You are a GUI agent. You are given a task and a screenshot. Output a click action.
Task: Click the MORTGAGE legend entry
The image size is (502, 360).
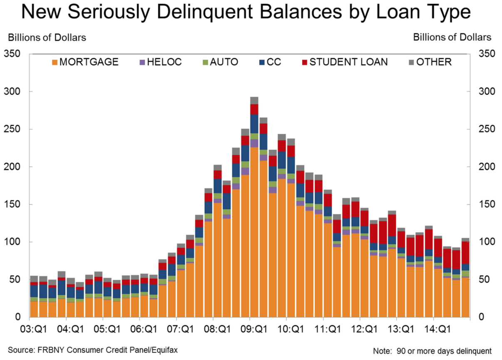[x=85, y=62]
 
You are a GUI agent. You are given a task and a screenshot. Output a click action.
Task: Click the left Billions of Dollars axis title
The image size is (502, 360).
[x=47, y=37]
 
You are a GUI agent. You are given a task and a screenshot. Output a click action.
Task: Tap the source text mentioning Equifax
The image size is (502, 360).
[x=92, y=350]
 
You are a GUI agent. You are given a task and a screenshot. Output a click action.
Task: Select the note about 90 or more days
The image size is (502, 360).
[x=432, y=350]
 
